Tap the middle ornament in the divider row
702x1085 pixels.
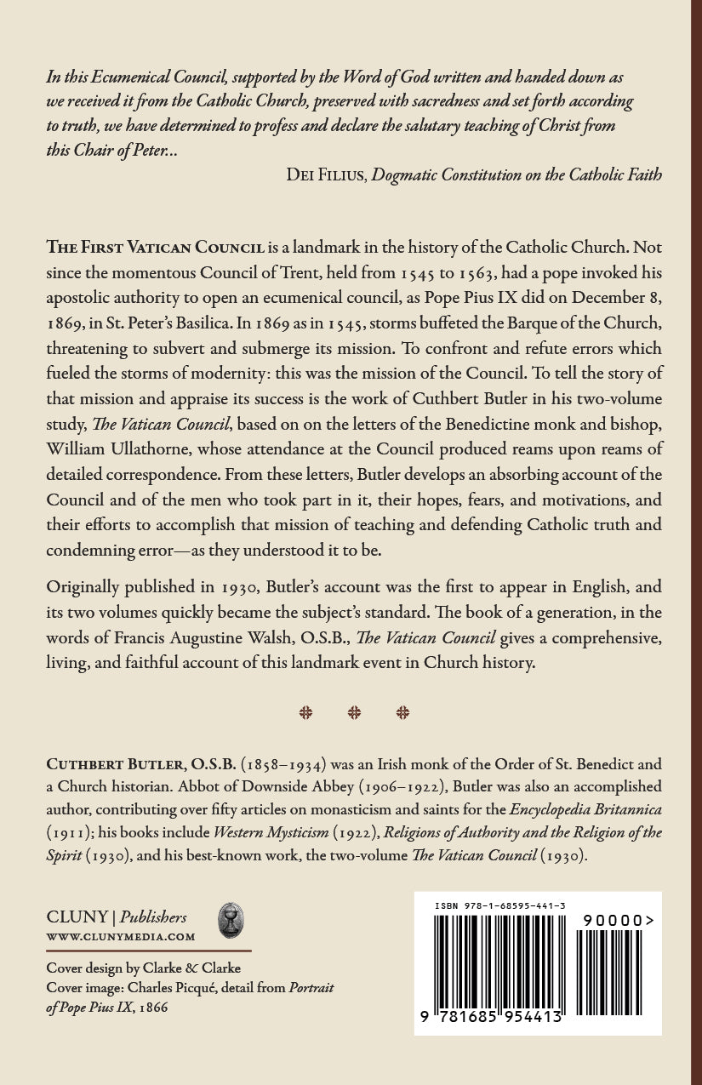(354, 713)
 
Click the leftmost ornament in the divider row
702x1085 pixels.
(305, 713)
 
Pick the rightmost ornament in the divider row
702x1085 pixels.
(402, 713)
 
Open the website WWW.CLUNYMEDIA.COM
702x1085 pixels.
(121, 937)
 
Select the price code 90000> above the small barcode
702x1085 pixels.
(619, 920)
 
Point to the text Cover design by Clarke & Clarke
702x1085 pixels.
(143, 968)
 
